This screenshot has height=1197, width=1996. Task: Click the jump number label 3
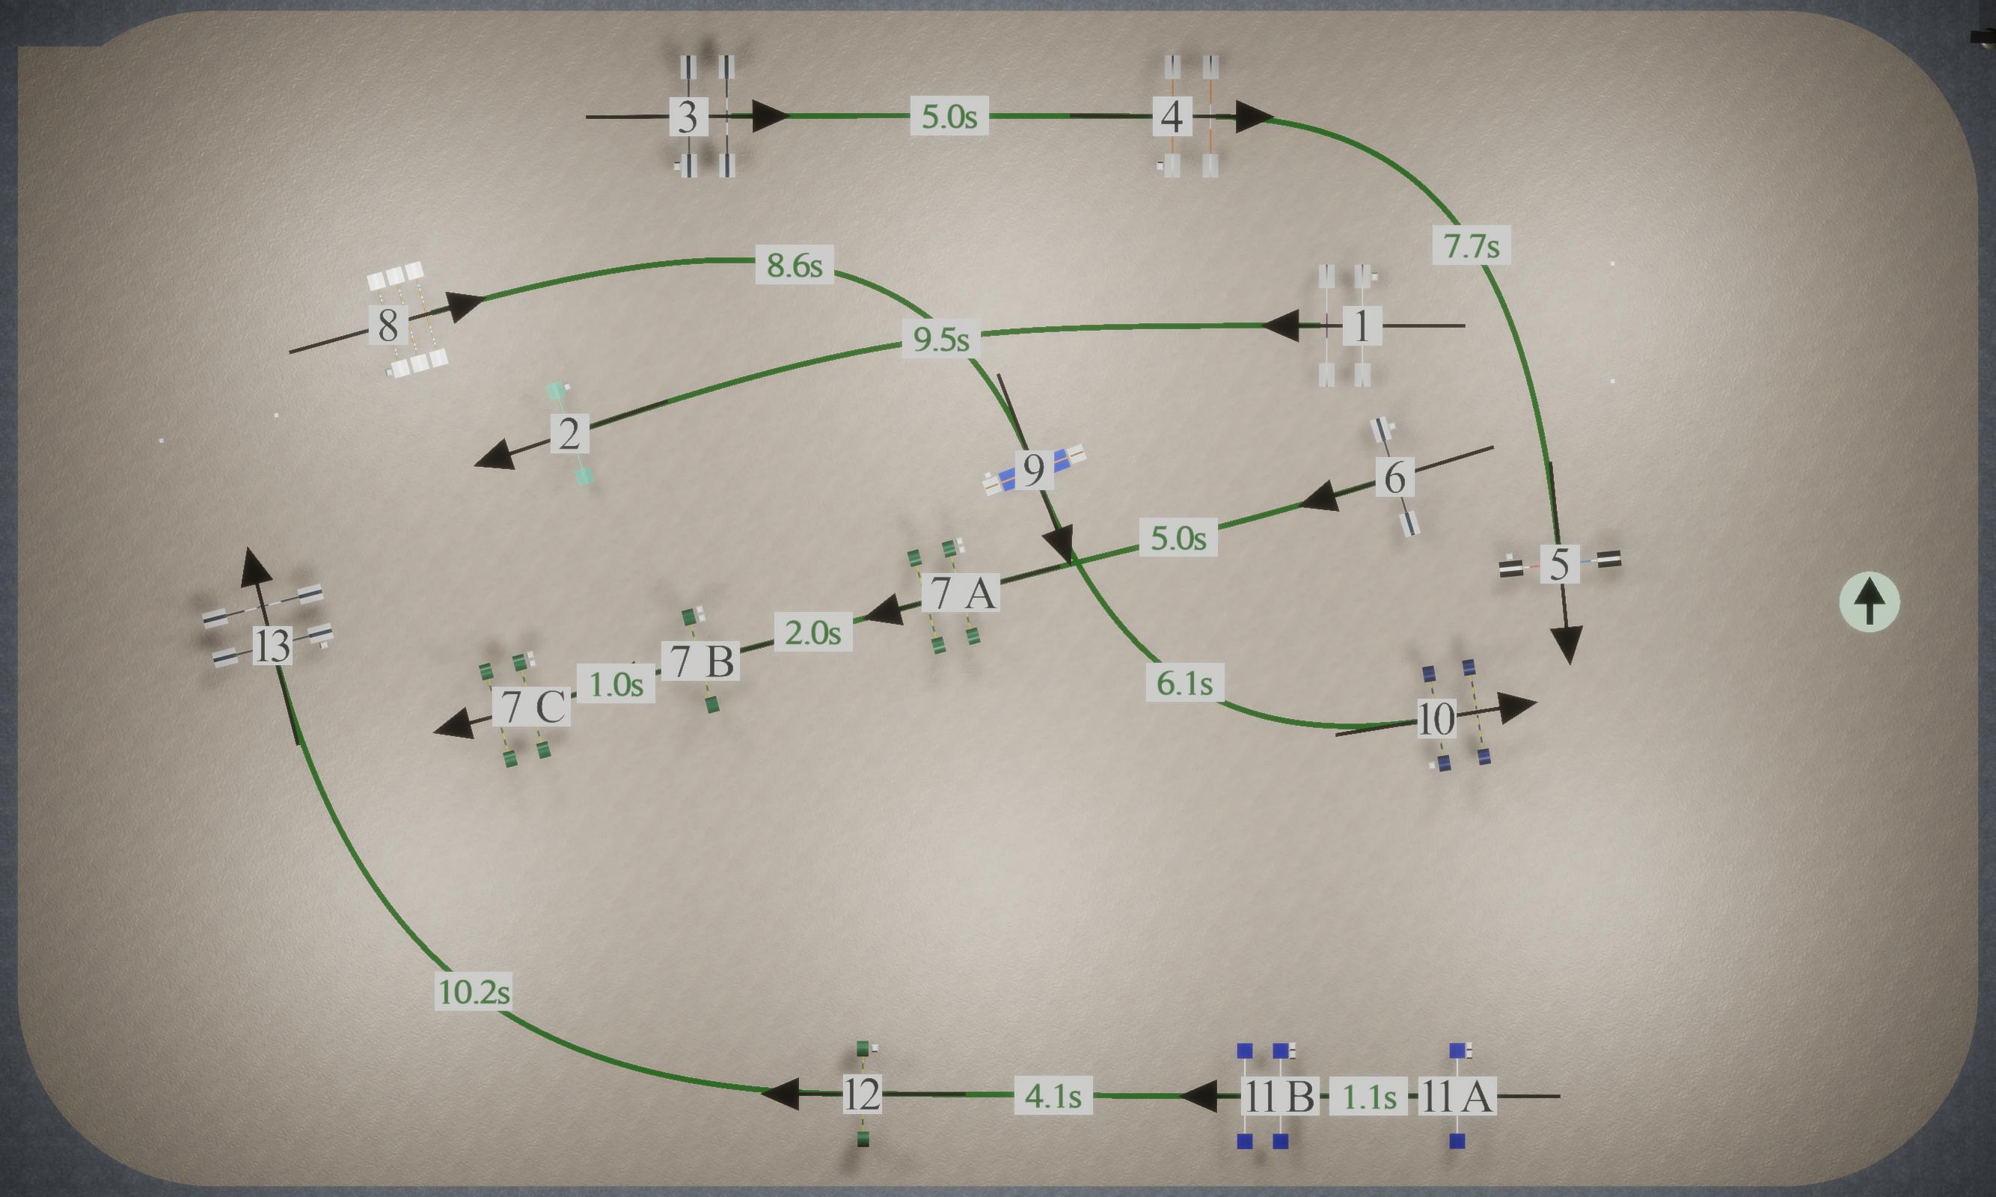click(688, 117)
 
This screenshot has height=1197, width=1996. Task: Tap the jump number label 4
click(1172, 117)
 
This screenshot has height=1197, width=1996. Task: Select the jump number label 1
click(1362, 326)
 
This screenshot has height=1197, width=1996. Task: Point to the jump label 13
click(272, 646)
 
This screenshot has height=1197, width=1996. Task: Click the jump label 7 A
click(961, 593)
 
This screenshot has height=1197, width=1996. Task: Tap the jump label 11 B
click(1280, 1096)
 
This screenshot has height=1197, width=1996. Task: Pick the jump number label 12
click(862, 1095)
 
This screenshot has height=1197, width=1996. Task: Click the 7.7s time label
click(1472, 245)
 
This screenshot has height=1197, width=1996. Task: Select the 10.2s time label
click(474, 991)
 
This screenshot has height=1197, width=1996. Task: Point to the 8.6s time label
click(795, 265)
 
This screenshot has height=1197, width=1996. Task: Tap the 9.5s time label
click(941, 339)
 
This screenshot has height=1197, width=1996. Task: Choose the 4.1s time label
click(1053, 1095)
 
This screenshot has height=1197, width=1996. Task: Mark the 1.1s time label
click(1368, 1096)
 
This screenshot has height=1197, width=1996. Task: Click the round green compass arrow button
click(1870, 602)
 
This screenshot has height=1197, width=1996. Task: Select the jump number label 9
click(1034, 469)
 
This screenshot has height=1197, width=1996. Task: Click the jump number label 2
click(569, 434)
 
